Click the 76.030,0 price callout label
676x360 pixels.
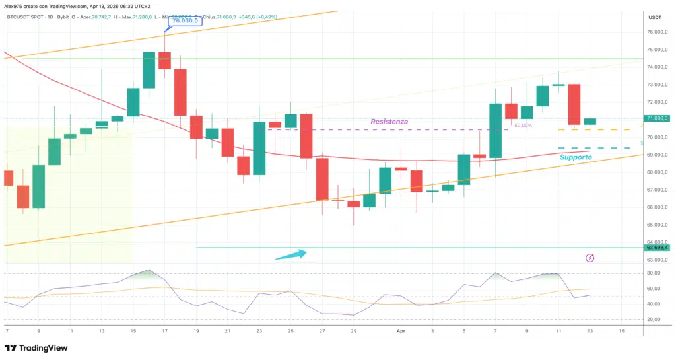point(184,21)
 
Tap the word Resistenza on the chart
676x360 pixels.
point(389,122)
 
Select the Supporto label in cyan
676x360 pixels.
point(576,157)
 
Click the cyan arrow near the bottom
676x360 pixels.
point(290,254)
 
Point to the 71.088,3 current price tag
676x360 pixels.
point(658,118)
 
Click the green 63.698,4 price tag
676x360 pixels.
point(658,248)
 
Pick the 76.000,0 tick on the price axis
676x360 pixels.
point(657,32)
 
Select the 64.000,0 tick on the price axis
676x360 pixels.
point(657,242)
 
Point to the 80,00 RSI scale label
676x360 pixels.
point(654,273)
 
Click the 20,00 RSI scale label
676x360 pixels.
point(654,319)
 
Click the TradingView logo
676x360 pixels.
point(38,348)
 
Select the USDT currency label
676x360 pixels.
point(655,18)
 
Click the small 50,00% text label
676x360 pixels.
point(523,125)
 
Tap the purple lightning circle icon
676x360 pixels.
point(590,258)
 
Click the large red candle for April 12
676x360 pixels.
point(574,104)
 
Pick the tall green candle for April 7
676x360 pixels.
point(495,131)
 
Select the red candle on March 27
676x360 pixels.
point(322,178)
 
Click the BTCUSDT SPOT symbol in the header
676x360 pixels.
point(26,18)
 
